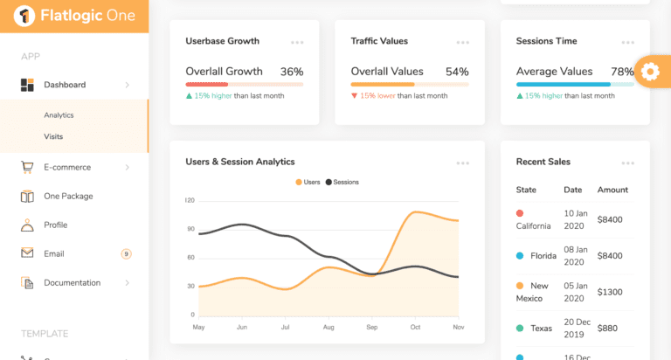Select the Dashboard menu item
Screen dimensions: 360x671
65,85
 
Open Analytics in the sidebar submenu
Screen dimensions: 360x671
59,115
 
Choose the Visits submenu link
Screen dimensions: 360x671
53,136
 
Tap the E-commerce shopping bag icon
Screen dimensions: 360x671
27,167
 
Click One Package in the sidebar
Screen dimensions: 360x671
68,197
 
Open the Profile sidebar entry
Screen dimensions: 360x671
55,225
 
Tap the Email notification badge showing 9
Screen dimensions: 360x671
126,254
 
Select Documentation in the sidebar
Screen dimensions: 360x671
72,283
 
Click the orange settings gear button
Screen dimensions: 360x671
650,72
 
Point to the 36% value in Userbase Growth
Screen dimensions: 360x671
292,72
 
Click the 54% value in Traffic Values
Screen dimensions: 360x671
457,72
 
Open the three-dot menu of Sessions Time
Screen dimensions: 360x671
627,42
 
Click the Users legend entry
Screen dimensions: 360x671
308,182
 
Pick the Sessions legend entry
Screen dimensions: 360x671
342,182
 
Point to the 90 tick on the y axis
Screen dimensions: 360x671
190,229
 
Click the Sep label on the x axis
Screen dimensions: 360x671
371,327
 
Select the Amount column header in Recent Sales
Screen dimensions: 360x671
612,190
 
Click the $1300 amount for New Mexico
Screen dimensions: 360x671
610,292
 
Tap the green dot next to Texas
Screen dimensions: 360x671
520,329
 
